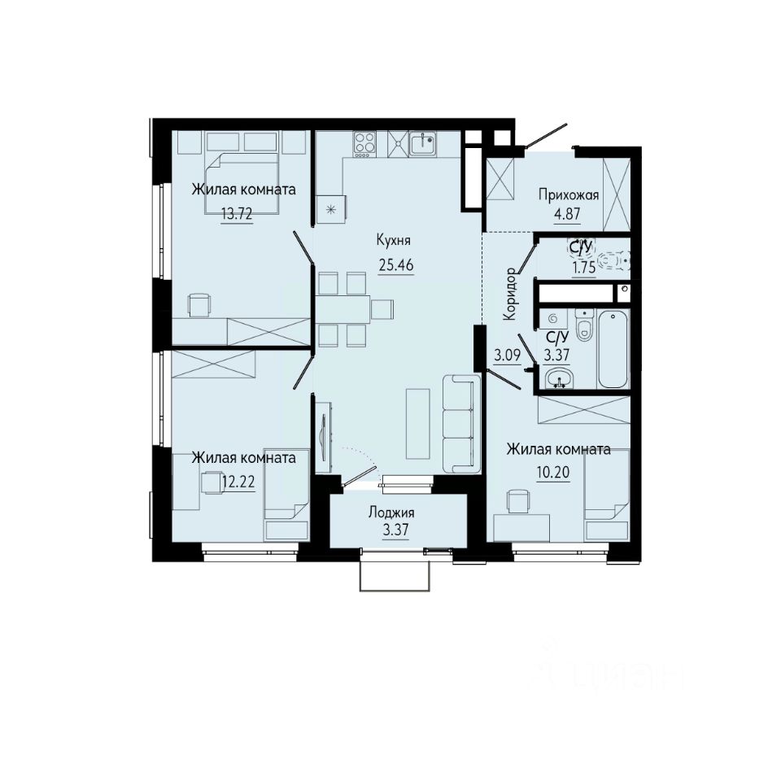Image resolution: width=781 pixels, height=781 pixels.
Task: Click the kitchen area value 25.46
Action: click(396, 265)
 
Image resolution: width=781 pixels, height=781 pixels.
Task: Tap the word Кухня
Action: click(394, 241)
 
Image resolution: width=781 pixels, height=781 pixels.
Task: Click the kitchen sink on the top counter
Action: click(423, 143)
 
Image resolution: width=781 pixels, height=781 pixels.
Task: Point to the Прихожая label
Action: click(569, 194)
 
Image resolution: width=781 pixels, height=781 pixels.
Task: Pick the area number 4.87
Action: click(567, 214)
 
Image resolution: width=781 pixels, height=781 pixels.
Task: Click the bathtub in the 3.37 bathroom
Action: click(613, 348)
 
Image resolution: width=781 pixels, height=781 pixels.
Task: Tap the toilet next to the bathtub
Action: click(584, 325)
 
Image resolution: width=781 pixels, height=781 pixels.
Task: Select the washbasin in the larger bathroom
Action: click(560, 377)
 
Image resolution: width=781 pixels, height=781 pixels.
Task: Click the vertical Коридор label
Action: click(511, 294)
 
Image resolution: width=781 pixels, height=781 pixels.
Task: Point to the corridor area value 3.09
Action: click(507, 356)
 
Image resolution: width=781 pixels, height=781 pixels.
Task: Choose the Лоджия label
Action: click(391, 513)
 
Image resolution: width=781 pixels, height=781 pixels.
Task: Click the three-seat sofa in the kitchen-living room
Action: click(461, 423)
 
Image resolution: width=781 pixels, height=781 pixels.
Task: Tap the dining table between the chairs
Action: click(343, 309)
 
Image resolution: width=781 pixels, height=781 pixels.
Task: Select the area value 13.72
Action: click(237, 214)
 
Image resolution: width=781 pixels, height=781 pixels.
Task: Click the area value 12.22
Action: click(238, 482)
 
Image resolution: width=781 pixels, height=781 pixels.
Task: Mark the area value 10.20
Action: click(553, 472)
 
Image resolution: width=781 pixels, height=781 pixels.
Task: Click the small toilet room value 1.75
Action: click(584, 268)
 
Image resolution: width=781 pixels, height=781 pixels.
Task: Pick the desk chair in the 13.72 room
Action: click(200, 304)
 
